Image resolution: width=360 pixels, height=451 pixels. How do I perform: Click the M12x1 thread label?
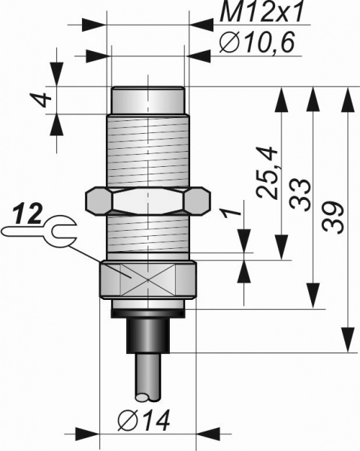(261, 13)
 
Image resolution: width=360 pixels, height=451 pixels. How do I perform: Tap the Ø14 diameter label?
(144, 419)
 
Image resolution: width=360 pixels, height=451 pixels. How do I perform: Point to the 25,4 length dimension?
(267, 172)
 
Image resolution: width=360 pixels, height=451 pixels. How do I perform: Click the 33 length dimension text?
(300, 195)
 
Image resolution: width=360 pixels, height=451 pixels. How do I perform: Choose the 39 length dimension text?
(333, 218)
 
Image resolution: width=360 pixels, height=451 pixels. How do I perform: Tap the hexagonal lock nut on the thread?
(148, 201)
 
